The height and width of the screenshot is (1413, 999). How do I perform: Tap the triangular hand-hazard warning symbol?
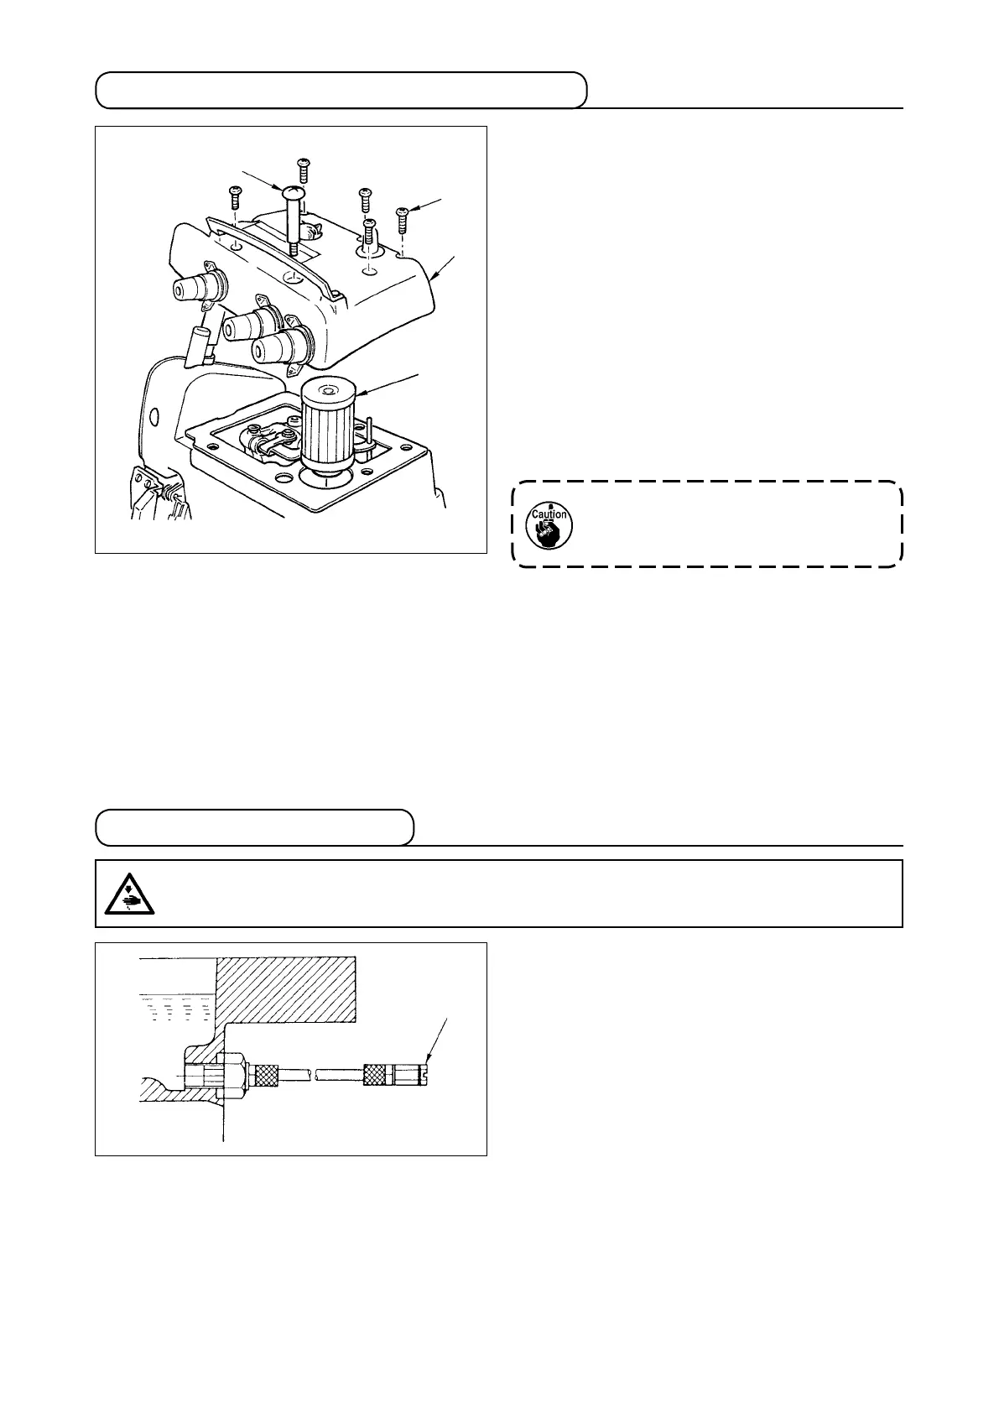[123, 894]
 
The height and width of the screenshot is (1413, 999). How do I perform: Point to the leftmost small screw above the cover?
[234, 198]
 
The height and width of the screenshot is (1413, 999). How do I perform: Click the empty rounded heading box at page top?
[341, 90]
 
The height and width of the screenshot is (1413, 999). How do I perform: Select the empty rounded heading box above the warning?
[255, 827]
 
